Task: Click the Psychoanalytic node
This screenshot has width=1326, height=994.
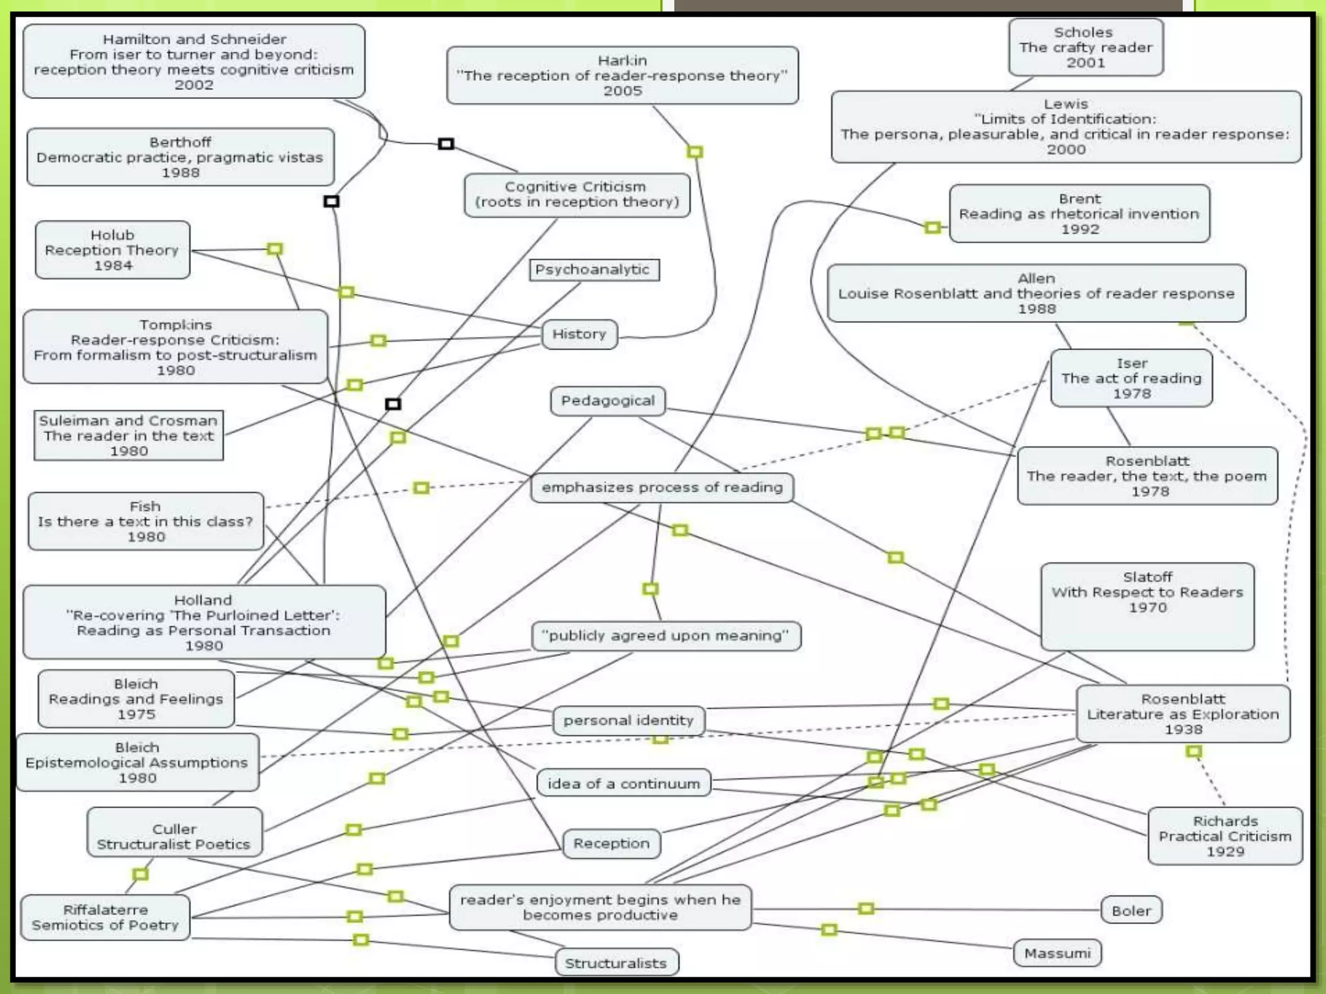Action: pyautogui.click(x=594, y=270)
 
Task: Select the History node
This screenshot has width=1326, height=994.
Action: pyautogui.click(x=579, y=335)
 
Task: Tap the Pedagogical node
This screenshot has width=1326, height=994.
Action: pyautogui.click(x=608, y=401)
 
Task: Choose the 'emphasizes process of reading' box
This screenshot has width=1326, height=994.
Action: pyautogui.click(x=662, y=487)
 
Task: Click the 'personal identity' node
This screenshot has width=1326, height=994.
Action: pyautogui.click(x=628, y=720)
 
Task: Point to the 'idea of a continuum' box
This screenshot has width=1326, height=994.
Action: pyautogui.click(x=624, y=784)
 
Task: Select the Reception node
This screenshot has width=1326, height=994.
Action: pyautogui.click(x=611, y=844)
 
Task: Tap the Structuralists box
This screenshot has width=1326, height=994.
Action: pyautogui.click(x=616, y=963)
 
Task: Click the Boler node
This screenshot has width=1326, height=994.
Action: pyautogui.click(x=1131, y=911)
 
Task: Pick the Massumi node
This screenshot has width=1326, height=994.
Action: pyautogui.click(x=1057, y=953)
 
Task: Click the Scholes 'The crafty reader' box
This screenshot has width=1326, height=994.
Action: pyautogui.click(x=1085, y=47)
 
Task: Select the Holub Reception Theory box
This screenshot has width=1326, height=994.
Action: pyautogui.click(x=113, y=250)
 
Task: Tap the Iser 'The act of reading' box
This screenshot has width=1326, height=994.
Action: pyautogui.click(x=1131, y=379)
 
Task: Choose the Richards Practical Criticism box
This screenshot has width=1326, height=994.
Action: pyautogui.click(x=1225, y=836)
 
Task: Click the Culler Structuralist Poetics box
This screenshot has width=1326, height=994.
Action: pyautogui.click(x=174, y=837)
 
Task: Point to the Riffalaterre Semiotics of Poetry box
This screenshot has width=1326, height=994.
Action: pyautogui.click(x=105, y=918)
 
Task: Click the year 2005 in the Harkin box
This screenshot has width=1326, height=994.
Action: pyautogui.click(x=622, y=91)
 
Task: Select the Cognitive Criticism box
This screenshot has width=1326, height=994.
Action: pyautogui.click(x=576, y=195)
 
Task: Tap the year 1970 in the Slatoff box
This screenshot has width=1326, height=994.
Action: pyautogui.click(x=1147, y=608)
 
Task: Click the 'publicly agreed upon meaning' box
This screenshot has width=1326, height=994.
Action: pyautogui.click(x=666, y=636)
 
